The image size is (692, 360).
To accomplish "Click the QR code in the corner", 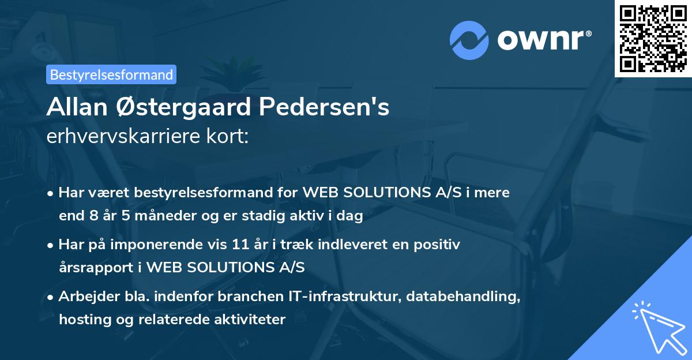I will click(x=653, y=39).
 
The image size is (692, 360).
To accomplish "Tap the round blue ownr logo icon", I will click(x=469, y=40).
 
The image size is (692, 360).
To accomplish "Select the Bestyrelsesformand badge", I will click(x=111, y=74).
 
